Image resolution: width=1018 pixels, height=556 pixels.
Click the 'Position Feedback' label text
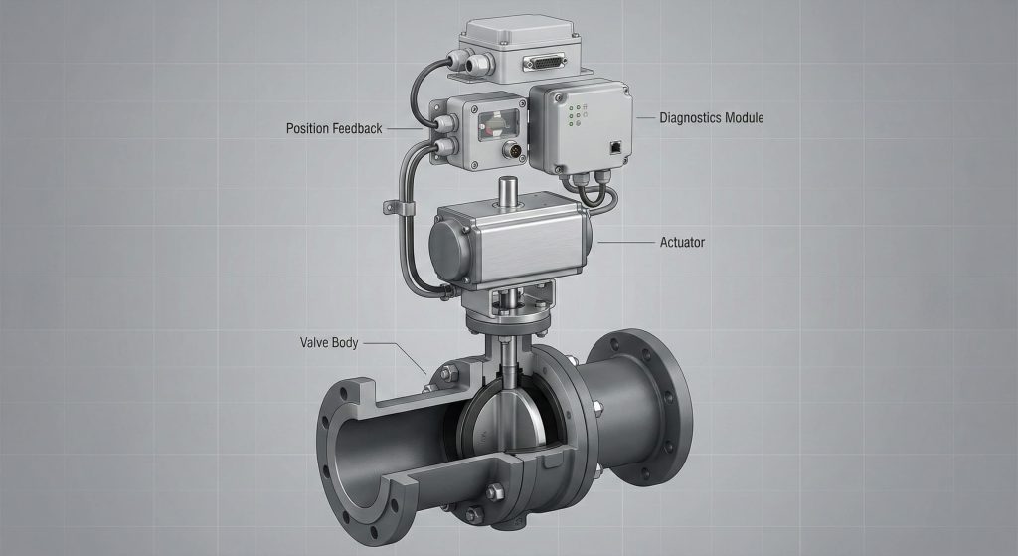(334, 128)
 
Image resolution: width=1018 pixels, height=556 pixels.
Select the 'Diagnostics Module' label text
(712, 118)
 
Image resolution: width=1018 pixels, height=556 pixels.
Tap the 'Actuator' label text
(682, 243)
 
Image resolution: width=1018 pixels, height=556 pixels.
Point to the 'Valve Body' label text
(329, 342)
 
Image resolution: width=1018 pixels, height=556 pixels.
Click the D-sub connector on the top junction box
(545, 63)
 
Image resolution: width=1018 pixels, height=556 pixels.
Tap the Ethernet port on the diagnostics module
(614, 147)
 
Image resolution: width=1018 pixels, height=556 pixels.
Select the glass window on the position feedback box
(498, 123)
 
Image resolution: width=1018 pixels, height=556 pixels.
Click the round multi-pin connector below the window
(513, 151)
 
